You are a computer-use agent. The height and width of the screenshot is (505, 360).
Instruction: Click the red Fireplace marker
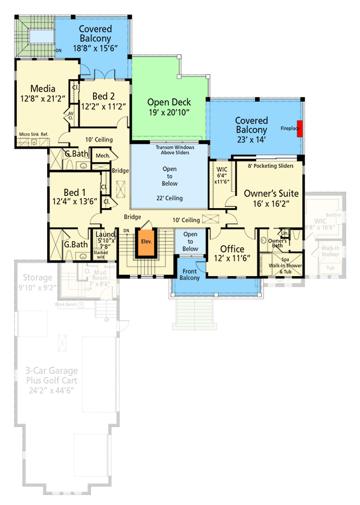click(300, 128)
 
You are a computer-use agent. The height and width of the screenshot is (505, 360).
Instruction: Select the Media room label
click(43, 89)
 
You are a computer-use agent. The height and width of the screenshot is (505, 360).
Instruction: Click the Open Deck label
click(169, 102)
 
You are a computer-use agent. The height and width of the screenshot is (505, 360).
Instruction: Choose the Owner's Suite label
click(271, 194)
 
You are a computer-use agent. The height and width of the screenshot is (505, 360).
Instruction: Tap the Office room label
click(232, 249)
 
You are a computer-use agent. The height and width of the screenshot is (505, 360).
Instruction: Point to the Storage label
click(38, 278)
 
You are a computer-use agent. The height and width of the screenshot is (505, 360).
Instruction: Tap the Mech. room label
click(102, 155)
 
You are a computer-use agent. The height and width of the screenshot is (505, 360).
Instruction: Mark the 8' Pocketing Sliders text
click(271, 166)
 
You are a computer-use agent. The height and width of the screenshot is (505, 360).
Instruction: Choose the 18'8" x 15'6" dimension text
click(95, 49)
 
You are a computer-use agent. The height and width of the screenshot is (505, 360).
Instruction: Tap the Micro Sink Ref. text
click(33, 134)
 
